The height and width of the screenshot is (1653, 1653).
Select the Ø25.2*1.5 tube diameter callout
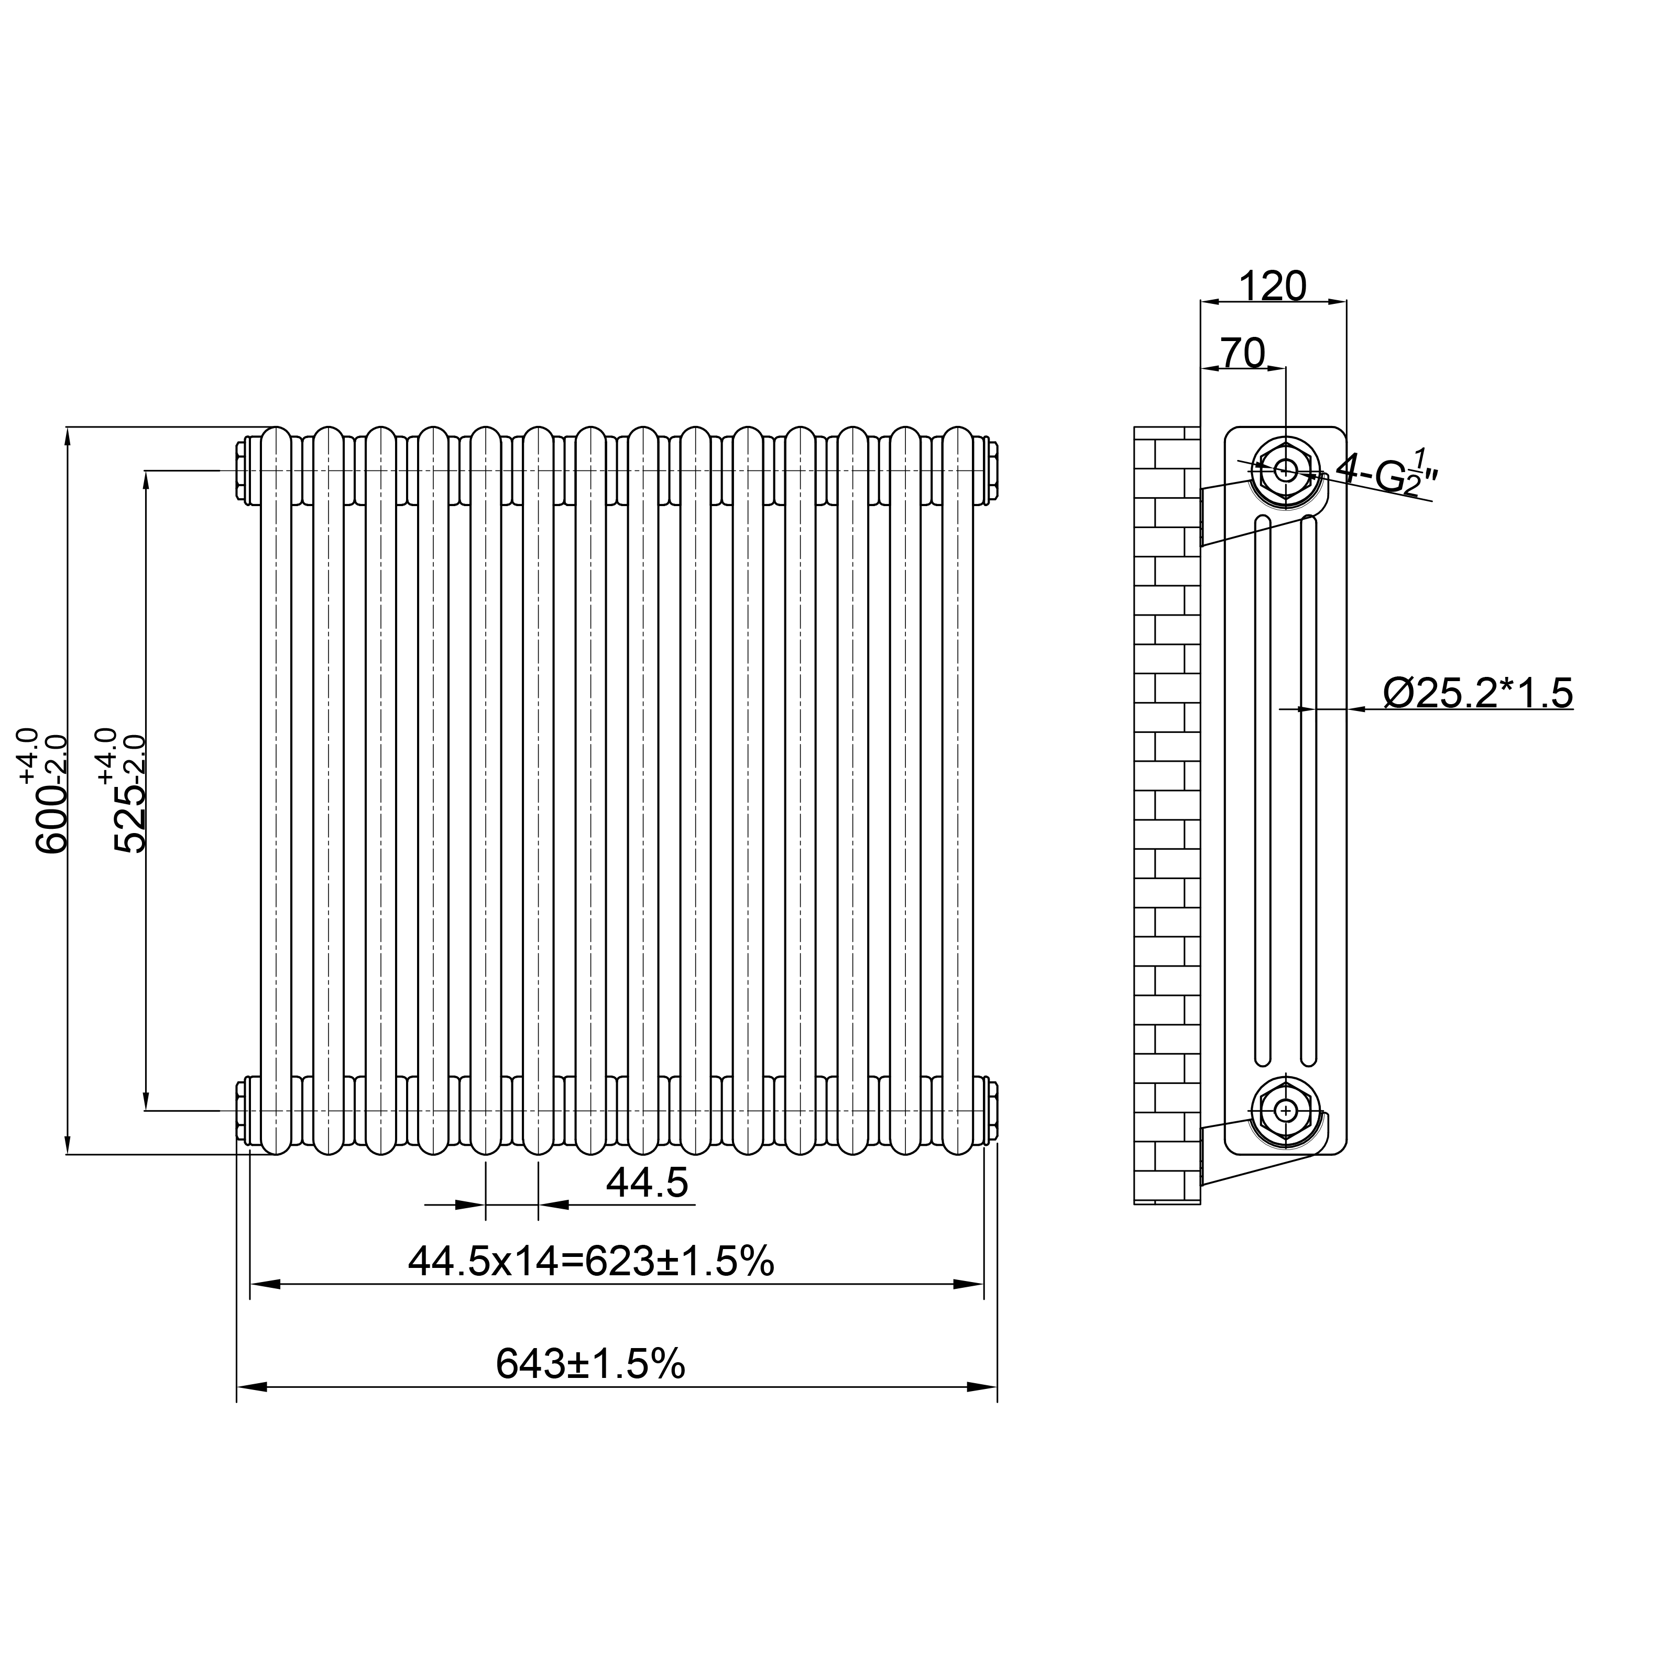pyautogui.click(x=1477, y=693)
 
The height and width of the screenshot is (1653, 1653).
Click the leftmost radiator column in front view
pyautogui.click(x=276, y=792)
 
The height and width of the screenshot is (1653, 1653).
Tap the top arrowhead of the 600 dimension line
pyautogui.click(x=68, y=436)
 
